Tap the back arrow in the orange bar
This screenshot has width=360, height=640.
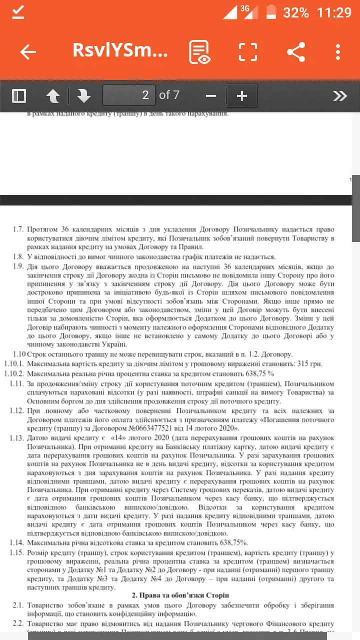coord(28,52)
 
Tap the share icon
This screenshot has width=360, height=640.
coord(296,52)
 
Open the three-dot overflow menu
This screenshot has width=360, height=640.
coord(338,52)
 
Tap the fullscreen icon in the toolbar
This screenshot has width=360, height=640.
coord(247,52)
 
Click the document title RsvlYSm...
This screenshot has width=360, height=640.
coord(120,51)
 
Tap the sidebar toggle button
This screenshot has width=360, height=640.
coord(19,95)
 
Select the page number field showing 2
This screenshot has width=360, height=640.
coord(128,95)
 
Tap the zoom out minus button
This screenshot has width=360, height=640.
coord(211,95)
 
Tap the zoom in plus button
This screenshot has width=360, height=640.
coord(242,95)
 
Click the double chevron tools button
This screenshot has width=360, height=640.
coord(340,95)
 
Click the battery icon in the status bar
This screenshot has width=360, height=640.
coord(271,12)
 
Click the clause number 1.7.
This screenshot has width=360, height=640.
coord(18,229)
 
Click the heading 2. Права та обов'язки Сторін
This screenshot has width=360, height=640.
coord(180,595)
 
